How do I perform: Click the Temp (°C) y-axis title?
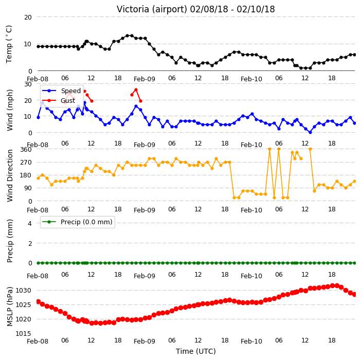click(x=9, y=44)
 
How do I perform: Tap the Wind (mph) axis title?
click(x=9, y=110)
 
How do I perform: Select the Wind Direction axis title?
click(x=9, y=175)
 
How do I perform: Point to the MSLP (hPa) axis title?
click(x=9, y=306)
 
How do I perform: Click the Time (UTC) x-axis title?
click(x=196, y=351)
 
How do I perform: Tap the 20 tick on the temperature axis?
click(x=28, y=17)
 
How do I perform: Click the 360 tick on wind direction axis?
click(x=26, y=150)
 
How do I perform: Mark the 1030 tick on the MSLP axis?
click(x=23, y=290)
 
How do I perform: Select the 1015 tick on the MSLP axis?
click(x=23, y=333)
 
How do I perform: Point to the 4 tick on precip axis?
click(x=30, y=223)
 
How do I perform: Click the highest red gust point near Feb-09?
click(x=136, y=90)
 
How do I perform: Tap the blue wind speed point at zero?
click(x=310, y=132)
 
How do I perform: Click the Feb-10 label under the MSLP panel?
click(x=251, y=341)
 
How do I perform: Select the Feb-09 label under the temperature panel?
click(x=144, y=79)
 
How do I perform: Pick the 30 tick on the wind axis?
click(x=28, y=84)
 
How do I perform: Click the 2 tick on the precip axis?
click(x=30, y=243)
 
